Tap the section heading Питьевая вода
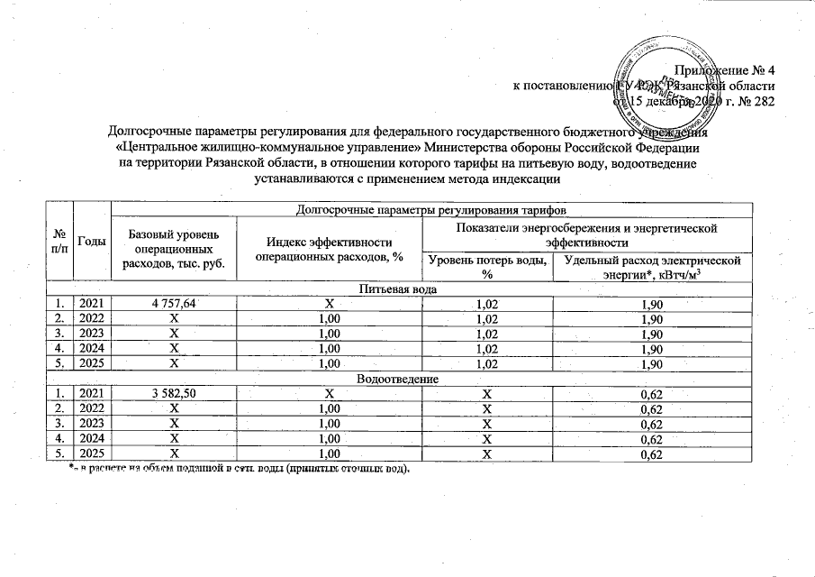pyautogui.click(x=399, y=290)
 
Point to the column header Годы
pyautogui.click(x=92, y=241)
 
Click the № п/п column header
pyautogui.click(x=60, y=241)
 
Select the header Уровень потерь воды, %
pyautogui.click(x=487, y=267)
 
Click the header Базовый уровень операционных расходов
pyautogui.click(x=171, y=247)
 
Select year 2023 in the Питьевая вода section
pyautogui.click(x=92, y=334)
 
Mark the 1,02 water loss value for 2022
pyautogui.click(x=487, y=320)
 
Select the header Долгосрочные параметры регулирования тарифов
pyautogui.click(x=430, y=210)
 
